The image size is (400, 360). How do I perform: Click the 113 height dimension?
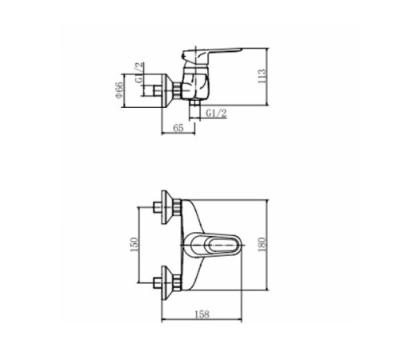[x=262, y=77]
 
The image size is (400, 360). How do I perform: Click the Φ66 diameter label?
[x=119, y=90]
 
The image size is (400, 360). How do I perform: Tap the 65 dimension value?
[x=178, y=128]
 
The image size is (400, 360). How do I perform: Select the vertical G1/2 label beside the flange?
[x=139, y=73]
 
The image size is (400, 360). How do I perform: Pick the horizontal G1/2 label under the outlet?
[x=216, y=114]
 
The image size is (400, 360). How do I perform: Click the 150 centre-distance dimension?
[x=134, y=245]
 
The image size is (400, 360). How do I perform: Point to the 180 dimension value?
[x=262, y=245]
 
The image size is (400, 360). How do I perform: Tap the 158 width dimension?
[x=202, y=314]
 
